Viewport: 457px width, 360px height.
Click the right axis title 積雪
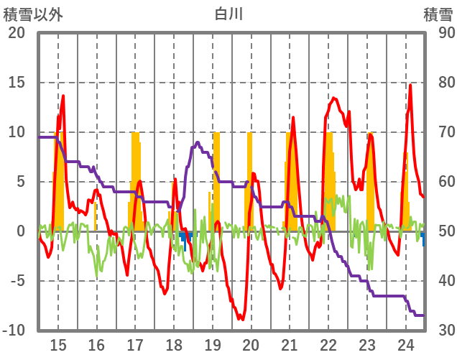tap(437, 14)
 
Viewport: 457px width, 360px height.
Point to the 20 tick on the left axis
tap(17, 33)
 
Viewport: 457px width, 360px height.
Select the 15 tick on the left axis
tap(17, 83)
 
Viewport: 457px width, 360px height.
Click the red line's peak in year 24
tap(410, 86)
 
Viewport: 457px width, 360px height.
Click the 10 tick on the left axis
tap(17, 132)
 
